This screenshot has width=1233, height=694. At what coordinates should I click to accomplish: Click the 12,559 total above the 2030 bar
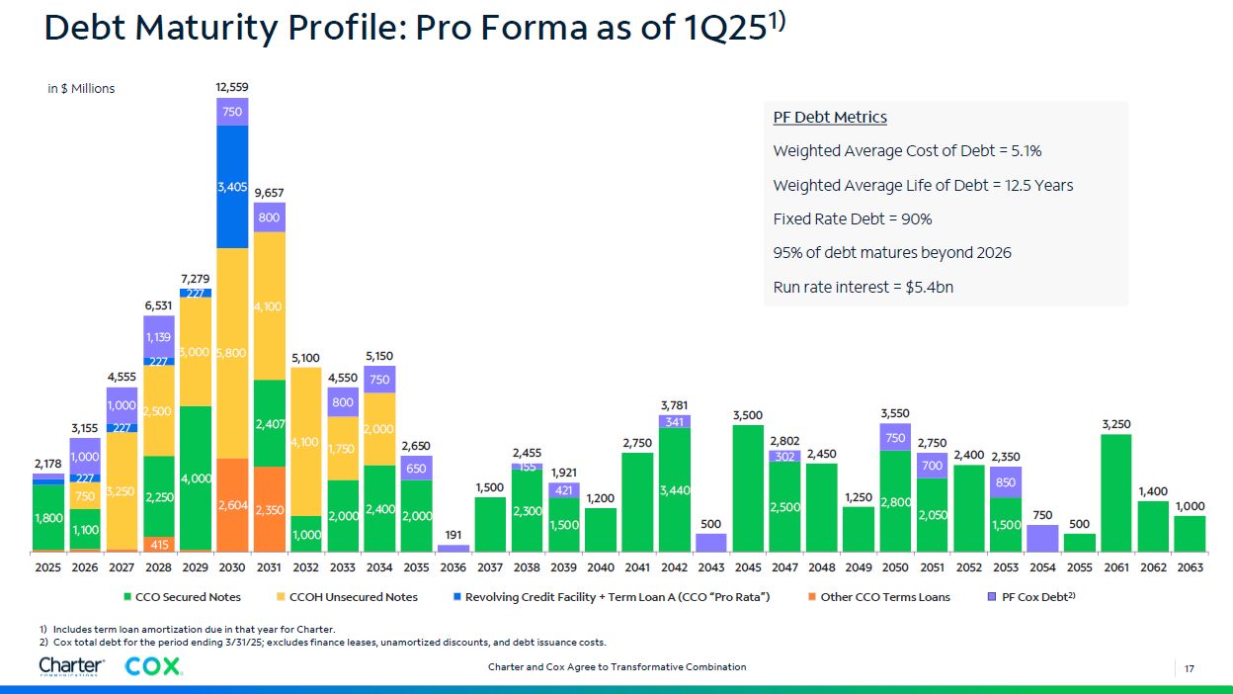tap(232, 88)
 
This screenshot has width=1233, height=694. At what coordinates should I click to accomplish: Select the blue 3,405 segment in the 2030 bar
tap(232, 186)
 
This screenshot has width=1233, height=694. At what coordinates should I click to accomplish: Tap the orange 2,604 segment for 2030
tap(232, 505)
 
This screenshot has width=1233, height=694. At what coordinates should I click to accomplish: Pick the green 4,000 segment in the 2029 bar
tap(196, 478)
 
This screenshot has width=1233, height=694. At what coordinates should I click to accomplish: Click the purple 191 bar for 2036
tap(453, 547)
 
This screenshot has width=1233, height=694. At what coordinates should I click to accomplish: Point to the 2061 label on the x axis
tap(1115, 567)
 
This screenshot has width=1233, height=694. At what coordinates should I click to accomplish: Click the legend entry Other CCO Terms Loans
tap(877, 597)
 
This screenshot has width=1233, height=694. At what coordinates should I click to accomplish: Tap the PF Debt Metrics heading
tap(830, 118)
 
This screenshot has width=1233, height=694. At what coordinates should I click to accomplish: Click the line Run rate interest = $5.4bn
tap(863, 288)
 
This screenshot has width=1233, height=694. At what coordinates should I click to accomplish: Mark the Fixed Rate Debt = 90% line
tap(852, 219)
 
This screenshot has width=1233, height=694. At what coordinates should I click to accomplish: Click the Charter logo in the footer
tap(71, 667)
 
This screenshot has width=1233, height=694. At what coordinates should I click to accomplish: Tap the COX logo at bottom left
tap(154, 667)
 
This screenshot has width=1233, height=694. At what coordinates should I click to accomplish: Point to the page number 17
tap(1190, 668)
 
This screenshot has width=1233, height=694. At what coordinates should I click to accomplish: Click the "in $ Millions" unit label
tap(81, 89)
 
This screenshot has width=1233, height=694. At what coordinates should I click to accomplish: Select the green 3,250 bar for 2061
tap(1115, 492)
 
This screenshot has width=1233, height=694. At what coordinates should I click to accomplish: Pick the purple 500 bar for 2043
tap(710, 543)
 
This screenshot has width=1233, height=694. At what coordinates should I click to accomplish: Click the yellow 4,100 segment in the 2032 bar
tap(306, 442)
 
